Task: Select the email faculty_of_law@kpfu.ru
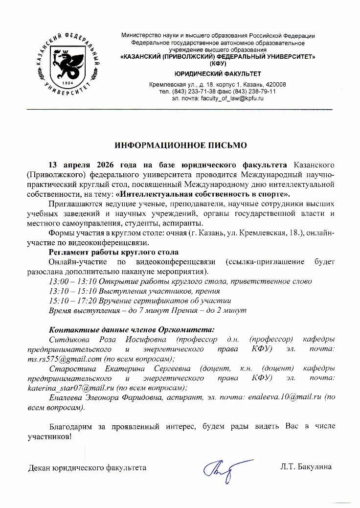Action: [231, 98]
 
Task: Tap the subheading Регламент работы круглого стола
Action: [113, 252]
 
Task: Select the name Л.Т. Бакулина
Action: [306, 467]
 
